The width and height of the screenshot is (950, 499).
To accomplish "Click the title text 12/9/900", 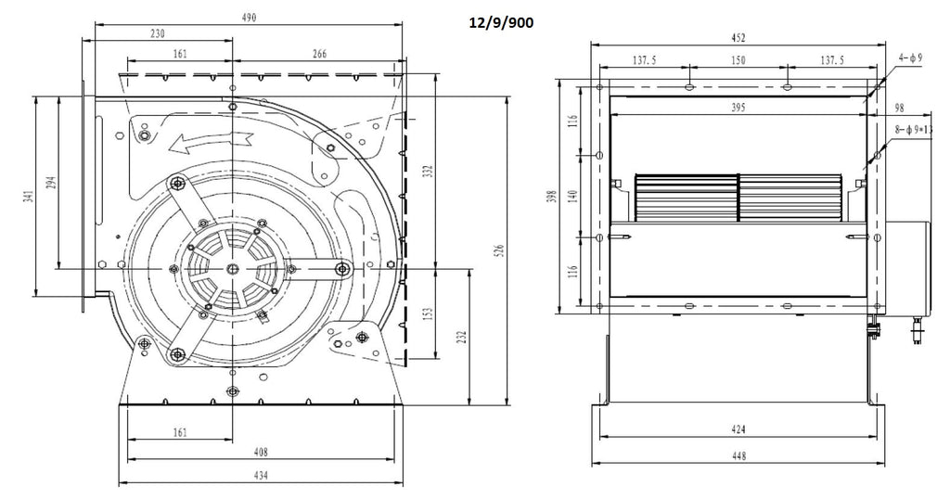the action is coord(501,23).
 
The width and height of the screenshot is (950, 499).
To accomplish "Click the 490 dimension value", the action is coord(249,18).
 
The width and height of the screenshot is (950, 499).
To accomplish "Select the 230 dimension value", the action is coord(157,34).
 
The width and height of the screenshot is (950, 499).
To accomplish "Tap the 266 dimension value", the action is coord(319,54).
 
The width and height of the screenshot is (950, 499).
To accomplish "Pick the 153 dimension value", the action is coord(428,313).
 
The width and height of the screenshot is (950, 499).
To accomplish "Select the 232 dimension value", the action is coord(462,337).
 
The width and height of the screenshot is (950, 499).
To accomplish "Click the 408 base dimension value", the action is coord(260,452).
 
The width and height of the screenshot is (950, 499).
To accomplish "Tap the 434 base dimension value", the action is coord(260,476).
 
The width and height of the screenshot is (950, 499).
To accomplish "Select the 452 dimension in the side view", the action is coord(738,38).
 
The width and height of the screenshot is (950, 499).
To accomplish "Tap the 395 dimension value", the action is coord(738,108).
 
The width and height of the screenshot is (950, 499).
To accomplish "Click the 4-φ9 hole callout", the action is coord(911,58).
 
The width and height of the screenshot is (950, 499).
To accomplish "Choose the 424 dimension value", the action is coord(738,430).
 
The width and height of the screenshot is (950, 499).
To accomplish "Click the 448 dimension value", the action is coord(738,456).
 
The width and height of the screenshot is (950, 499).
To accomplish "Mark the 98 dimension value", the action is coord(899,108).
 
